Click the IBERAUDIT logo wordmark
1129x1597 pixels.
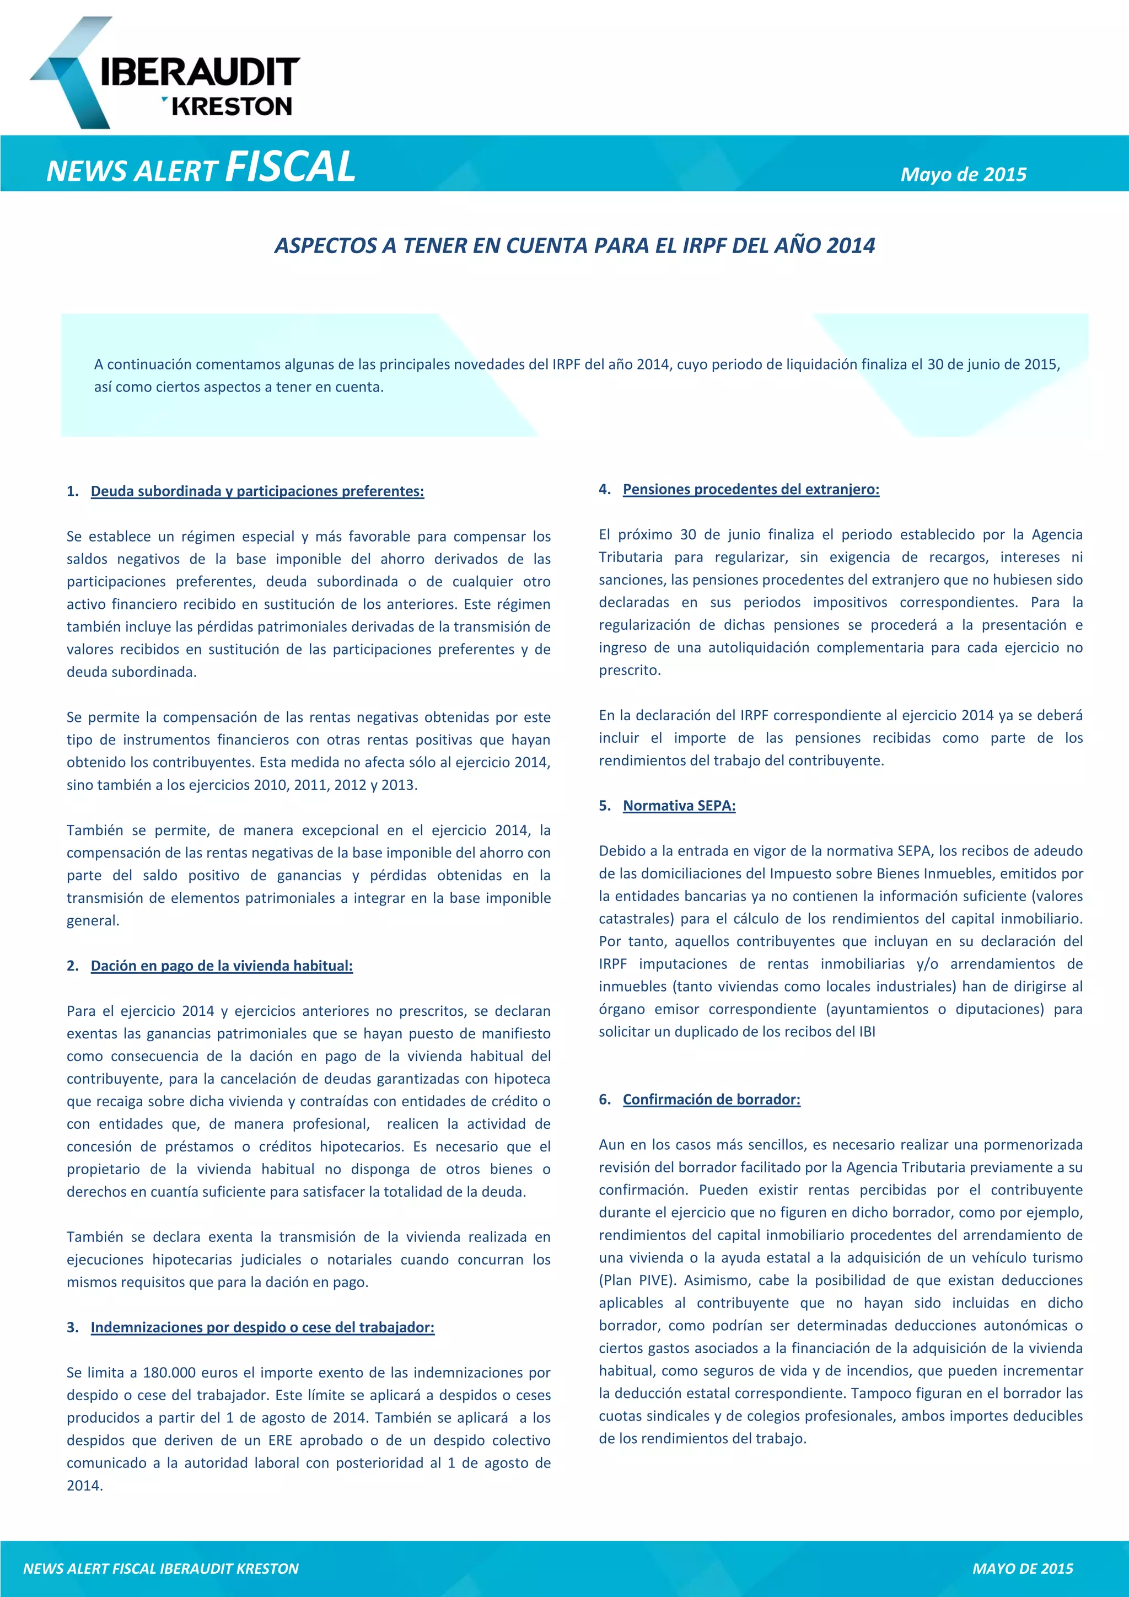tap(200, 72)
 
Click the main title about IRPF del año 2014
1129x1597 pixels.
tap(574, 245)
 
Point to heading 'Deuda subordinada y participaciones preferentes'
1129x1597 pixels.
tap(257, 491)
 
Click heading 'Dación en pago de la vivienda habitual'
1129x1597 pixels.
tap(222, 966)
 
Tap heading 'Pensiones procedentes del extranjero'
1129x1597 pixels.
tap(751, 489)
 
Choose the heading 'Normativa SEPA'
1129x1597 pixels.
tap(679, 806)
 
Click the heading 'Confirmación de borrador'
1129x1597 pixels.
tap(711, 1099)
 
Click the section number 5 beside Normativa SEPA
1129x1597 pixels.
tap(604, 806)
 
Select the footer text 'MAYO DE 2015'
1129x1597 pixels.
tap(1022, 1568)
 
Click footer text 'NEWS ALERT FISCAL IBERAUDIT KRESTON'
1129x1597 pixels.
tap(160, 1568)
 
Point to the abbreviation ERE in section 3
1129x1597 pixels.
tap(280, 1440)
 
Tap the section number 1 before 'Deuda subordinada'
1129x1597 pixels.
tap(72, 491)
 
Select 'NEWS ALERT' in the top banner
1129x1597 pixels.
tap(132, 171)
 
